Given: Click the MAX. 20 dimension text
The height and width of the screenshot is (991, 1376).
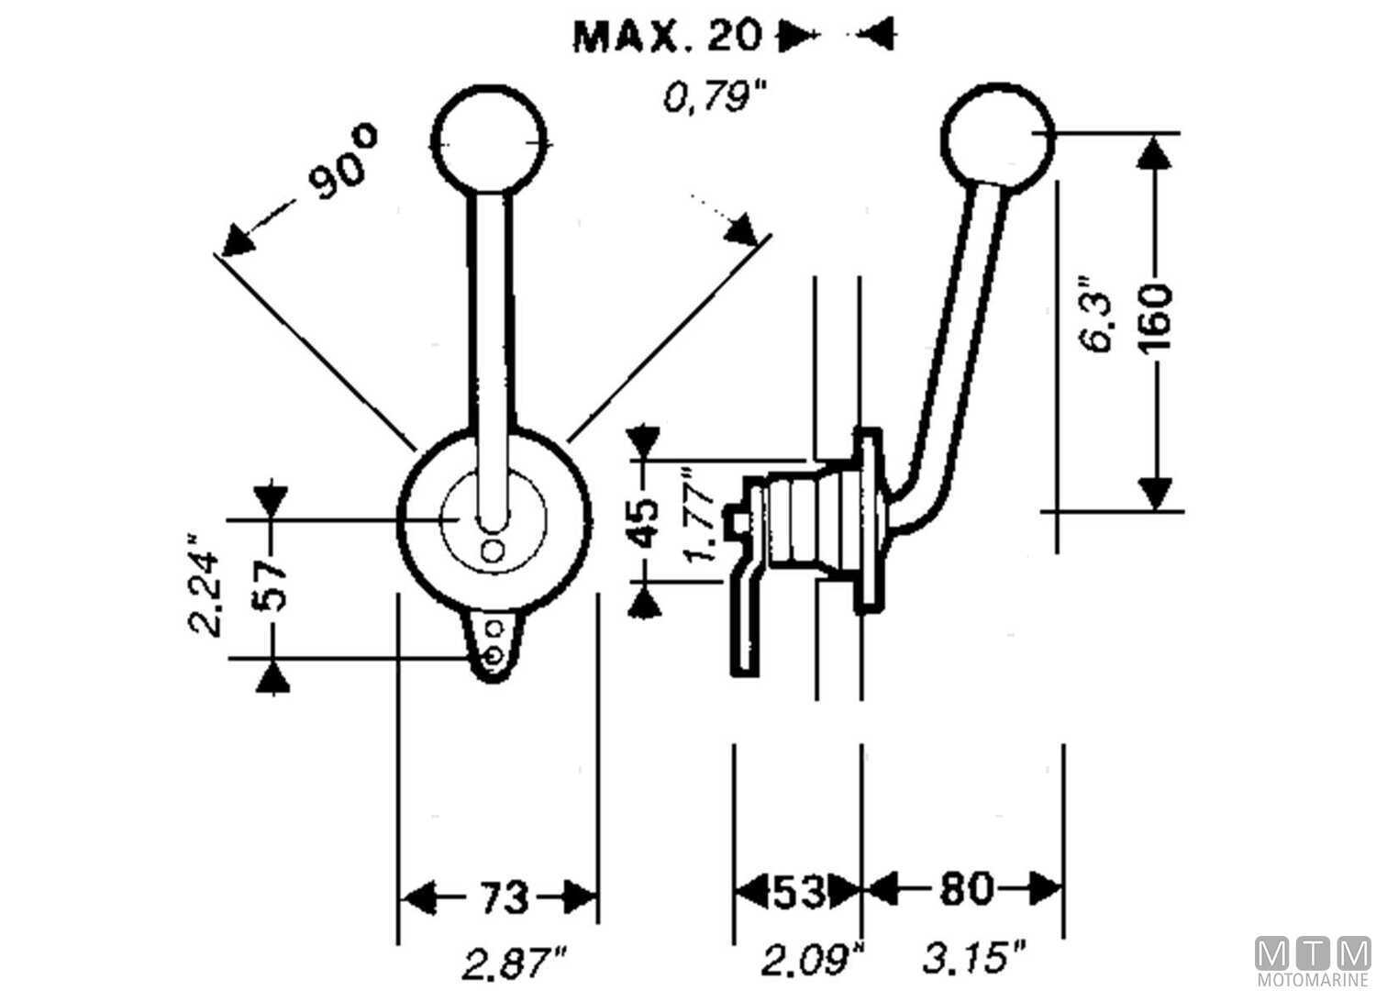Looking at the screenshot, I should pyautogui.click(x=667, y=36).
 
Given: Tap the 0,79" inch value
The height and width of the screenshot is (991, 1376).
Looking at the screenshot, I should pyautogui.click(x=713, y=95).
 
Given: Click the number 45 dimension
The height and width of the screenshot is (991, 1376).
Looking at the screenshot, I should pyautogui.click(x=646, y=522).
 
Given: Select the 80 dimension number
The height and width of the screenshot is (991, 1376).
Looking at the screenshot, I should pyautogui.click(x=964, y=889).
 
